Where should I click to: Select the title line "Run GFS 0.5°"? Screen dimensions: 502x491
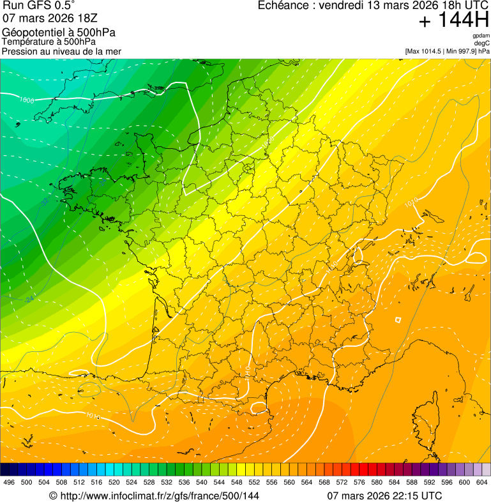coord(38,7)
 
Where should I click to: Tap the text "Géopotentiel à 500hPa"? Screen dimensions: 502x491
coord(59,33)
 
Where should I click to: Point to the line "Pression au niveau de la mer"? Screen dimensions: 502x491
coord(61,51)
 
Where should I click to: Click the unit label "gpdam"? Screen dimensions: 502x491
coord(481,36)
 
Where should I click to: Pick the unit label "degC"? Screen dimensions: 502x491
coord(482,43)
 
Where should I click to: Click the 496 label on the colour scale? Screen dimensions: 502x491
coord(9,482)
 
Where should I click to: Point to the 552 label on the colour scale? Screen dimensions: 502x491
coord(253,482)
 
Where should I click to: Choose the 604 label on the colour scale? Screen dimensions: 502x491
coord(481,482)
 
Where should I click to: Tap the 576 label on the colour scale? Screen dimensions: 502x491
coord(359,482)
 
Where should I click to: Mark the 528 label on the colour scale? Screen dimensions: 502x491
coord(149,482)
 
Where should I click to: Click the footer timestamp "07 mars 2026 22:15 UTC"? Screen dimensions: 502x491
coord(384,496)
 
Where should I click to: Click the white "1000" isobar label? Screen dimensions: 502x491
coord(27,100)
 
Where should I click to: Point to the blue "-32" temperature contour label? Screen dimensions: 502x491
coord(46,202)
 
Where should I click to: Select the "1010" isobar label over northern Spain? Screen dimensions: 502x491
coord(93,416)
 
